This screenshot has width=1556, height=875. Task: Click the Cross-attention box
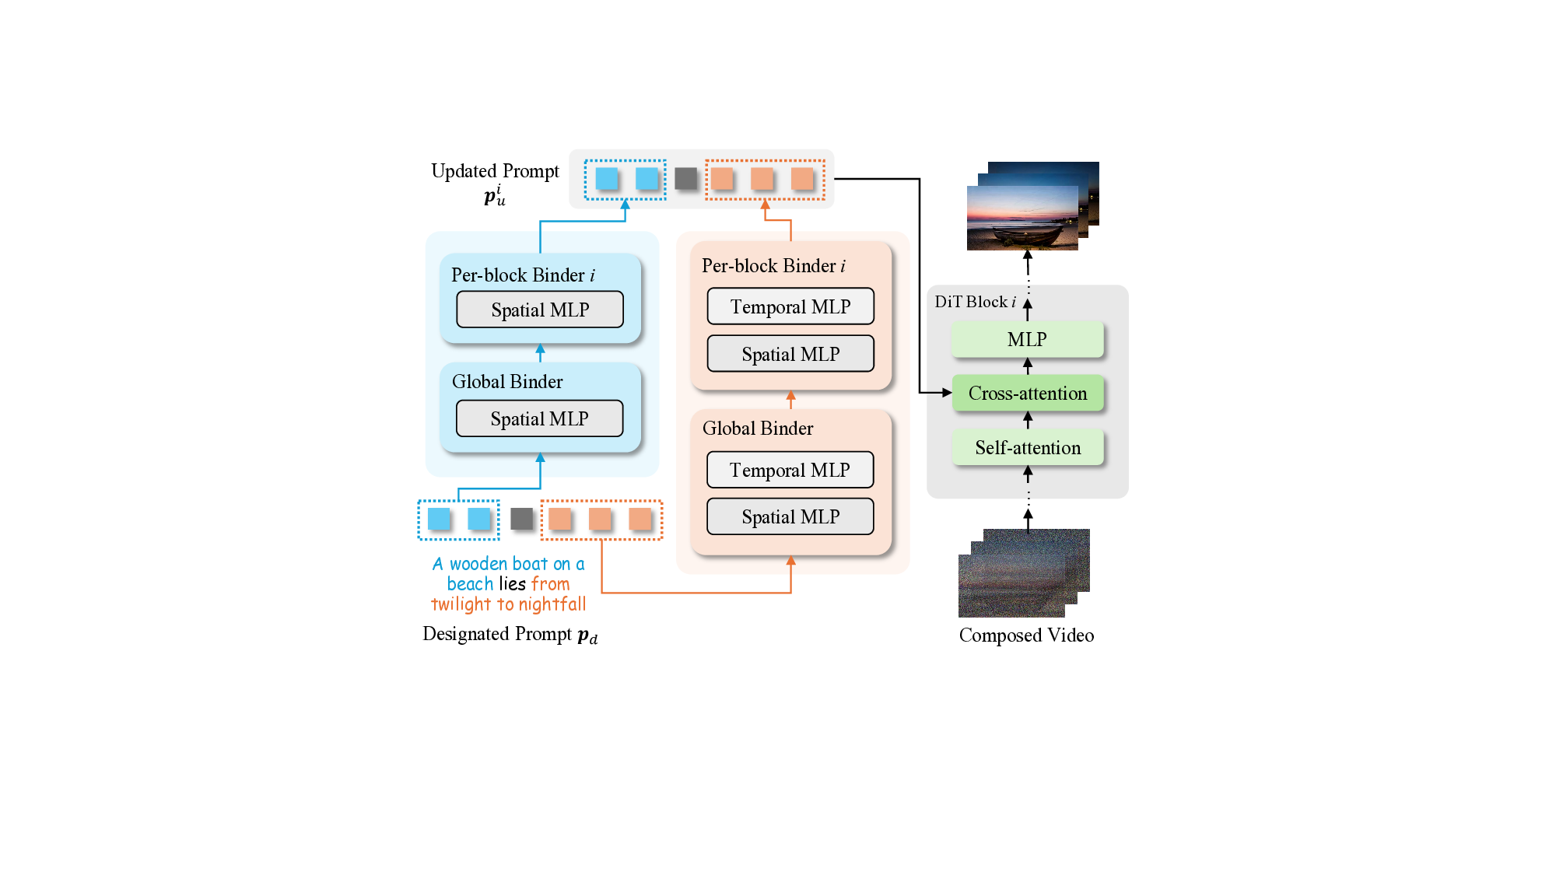pyautogui.click(x=1027, y=394)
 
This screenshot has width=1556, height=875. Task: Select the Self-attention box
pyautogui.click(x=1027, y=448)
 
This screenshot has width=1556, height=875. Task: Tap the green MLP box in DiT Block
pyautogui.click(x=1027, y=340)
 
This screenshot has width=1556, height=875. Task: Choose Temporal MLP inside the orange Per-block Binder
pyautogui.click(x=790, y=307)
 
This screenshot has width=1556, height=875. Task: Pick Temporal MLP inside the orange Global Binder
pyautogui.click(x=790, y=471)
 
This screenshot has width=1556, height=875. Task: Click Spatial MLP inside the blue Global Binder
pyautogui.click(x=539, y=419)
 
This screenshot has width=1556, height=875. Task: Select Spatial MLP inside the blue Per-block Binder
pyautogui.click(x=540, y=310)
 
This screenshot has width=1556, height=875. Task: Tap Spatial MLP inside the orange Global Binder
pyautogui.click(x=790, y=517)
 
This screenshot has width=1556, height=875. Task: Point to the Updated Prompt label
pyautogui.click(x=495, y=171)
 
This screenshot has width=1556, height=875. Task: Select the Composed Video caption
pyautogui.click(x=1026, y=635)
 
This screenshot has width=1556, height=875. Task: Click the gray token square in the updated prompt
pyautogui.click(x=685, y=179)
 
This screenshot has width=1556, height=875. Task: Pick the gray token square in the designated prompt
pyautogui.click(x=521, y=519)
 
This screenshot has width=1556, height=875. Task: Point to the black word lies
pyautogui.click(x=512, y=584)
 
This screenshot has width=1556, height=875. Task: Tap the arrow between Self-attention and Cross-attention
pyautogui.click(x=1028, y=420)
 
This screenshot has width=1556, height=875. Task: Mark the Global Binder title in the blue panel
pyautogui.click(x=507, y=382)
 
